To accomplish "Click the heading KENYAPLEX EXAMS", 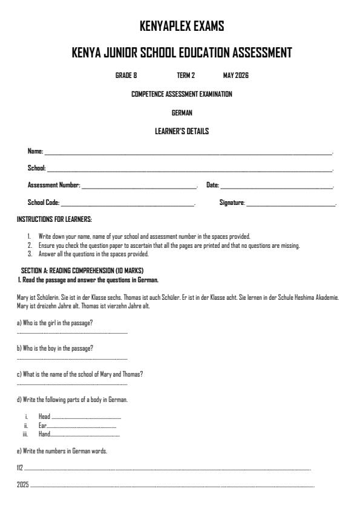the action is [182, 26].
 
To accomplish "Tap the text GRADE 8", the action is [126, 76].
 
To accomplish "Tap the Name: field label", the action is [35, 151].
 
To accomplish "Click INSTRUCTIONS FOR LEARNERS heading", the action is [54, 219].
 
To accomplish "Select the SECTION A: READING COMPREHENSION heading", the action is [82, 270].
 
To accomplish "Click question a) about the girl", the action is [54, 322].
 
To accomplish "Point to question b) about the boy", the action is [54, 348].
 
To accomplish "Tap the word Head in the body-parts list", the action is [44, 417].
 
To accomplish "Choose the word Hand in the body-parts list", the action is [44, 434].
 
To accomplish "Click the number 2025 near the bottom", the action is [23, 485].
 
